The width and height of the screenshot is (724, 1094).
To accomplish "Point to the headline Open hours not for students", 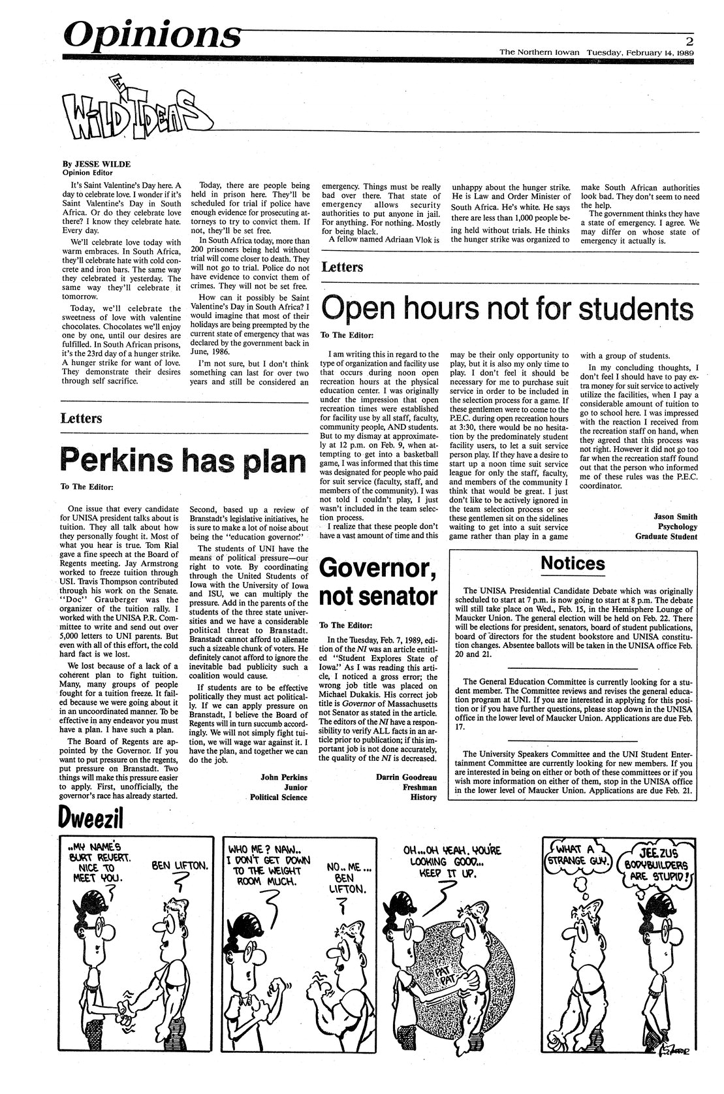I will (x=508, y=308).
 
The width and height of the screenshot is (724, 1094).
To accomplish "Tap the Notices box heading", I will (x=573, y=562).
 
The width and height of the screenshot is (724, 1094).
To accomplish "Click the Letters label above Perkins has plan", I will (x=81, y=417).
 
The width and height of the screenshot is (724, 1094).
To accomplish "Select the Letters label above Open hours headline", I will (x=343, y=266).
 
